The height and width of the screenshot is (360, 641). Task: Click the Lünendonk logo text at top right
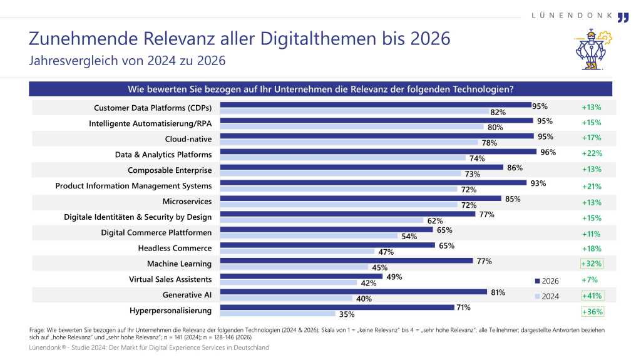571,15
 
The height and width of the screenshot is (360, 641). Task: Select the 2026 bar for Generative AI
354,292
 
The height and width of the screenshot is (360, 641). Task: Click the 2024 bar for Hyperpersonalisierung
278,313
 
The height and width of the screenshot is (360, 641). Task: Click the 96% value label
548,152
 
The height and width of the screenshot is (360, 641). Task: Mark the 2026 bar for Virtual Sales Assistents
303,275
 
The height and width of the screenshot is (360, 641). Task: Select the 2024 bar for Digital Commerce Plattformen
309,235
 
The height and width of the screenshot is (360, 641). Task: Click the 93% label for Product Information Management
538,183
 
